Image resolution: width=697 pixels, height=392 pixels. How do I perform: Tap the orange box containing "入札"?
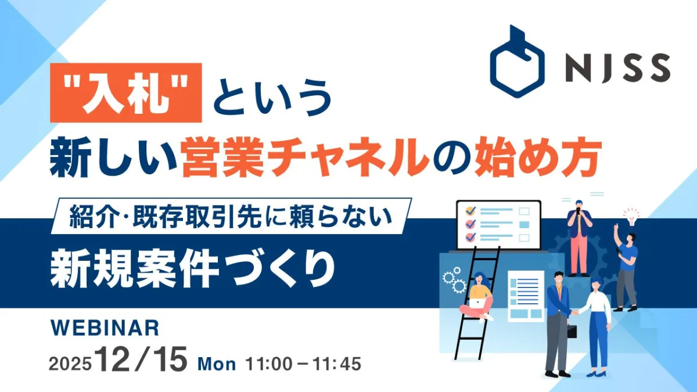pos(125,93)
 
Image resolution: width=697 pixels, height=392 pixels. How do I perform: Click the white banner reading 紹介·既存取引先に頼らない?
pos(231,216)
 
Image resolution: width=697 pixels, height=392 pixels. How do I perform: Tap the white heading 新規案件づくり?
pos(193,269)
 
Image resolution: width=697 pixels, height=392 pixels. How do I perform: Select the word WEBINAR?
pos(105,328)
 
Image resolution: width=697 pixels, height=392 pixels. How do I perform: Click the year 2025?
pos(70,364)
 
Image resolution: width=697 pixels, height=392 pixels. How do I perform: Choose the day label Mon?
pos(217,364)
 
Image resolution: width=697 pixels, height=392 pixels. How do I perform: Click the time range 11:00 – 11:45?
pos(303,364)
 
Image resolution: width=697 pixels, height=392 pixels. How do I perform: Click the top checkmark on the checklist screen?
pos(471,211)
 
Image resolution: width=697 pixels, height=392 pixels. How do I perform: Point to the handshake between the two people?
pos(575,312)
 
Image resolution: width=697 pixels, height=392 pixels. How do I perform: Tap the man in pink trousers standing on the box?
pos(579,238)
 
